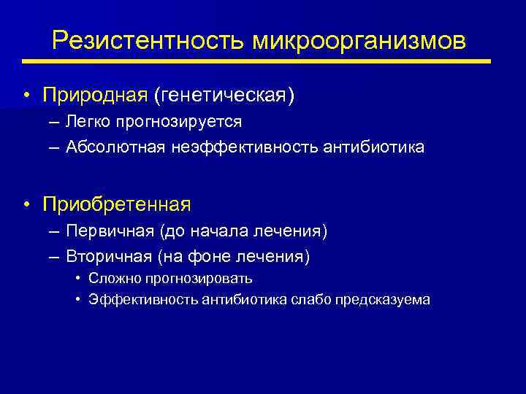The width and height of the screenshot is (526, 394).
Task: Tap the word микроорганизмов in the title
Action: click(359, 41)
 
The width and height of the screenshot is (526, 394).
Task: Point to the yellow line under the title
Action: click(263, 61)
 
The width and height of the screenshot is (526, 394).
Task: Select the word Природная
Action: click(95, 96)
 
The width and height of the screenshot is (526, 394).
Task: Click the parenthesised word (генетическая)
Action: click(224, 96)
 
